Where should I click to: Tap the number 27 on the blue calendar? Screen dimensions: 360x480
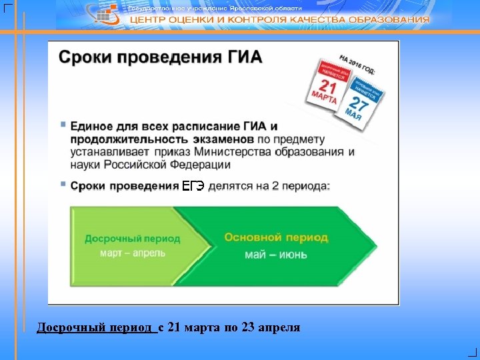pyautogui.click(x=360, y=103)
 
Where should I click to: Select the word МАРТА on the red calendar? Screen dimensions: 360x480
pyautogui.click(x=324, y=98)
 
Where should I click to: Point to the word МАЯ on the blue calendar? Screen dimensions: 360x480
pyautogui.click(x=355, y=115)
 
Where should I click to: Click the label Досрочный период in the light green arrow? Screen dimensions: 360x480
pyautogui.click(x=132, y=239)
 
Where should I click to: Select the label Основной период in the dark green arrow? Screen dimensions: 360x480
pyautogui.click(x=276, y=237)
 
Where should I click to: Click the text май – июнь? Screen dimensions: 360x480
pyautogui.click(x=276, y=254)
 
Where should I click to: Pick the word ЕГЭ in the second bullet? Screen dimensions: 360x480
pyautogui.click(x=193, y=186)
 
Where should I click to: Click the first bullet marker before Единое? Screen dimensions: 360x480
pyautogui.click(x=63, y=125)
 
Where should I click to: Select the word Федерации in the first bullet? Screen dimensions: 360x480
pyautogui.click(x=199, y=165)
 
